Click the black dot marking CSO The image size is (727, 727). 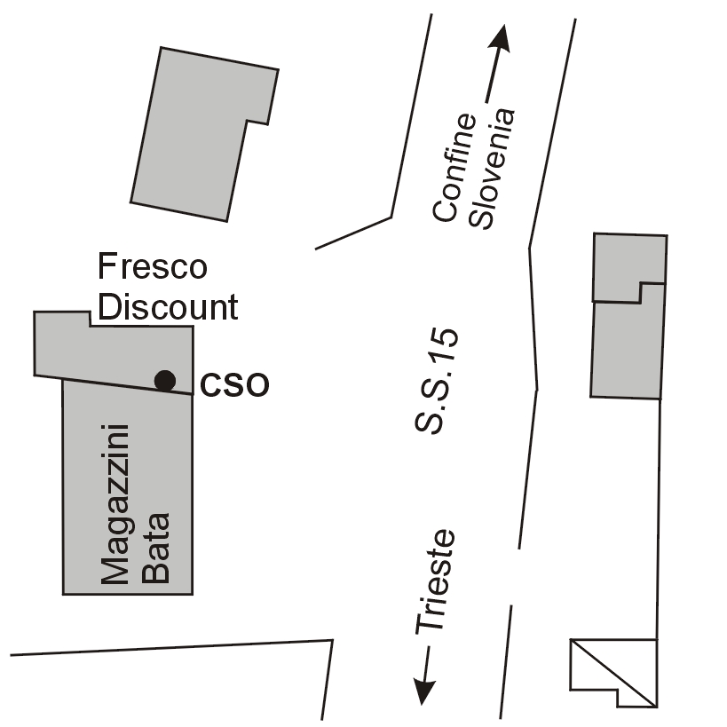[164, 380]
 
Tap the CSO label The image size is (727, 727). [234, 386]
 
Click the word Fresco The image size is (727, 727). [152, 266]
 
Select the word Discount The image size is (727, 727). [168, 307]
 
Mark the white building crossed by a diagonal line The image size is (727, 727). [612, 670]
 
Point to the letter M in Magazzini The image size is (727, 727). [115, 569]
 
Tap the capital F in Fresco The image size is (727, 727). [106, 266]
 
